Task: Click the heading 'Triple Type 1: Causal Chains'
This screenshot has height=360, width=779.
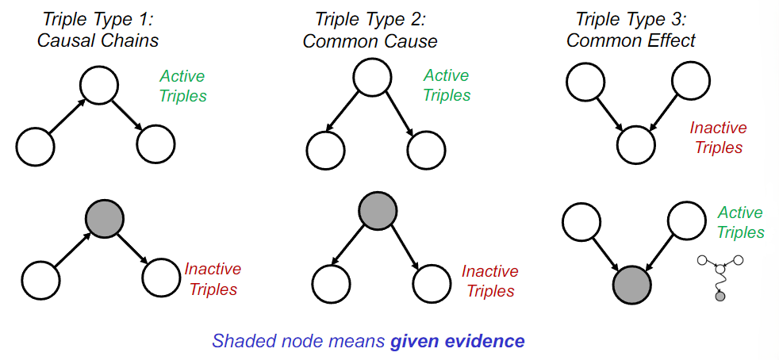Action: [x=98, y=30]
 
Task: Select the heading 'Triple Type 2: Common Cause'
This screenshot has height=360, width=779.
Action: [x=370, y=30]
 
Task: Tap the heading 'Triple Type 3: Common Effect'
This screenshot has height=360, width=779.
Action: [x=631, y=30]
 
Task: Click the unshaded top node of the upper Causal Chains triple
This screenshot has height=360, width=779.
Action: [x=99, y=86]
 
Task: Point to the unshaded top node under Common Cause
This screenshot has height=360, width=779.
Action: [x=372, y=78]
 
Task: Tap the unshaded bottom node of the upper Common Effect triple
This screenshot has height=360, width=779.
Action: [x=636, y=145]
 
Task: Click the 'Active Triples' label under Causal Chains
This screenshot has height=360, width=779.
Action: [x=182, y=86]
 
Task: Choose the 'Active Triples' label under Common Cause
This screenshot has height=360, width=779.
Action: [x=447, y=85]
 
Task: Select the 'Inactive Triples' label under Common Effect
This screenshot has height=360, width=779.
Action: [x=719, y=137]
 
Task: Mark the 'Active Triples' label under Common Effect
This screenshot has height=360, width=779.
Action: [x=740, y=223]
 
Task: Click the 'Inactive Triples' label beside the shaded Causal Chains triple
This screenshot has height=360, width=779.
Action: [x=213, y=279]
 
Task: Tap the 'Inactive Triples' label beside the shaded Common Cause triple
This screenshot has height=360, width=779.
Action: [x=490, y=281]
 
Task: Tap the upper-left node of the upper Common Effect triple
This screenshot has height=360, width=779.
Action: [x=585, y=81]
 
